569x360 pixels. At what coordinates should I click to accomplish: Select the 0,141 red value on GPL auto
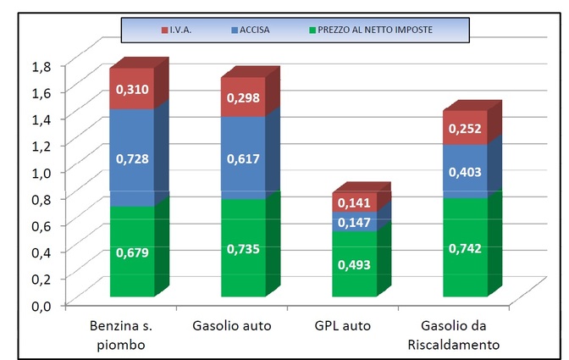click(354, 203)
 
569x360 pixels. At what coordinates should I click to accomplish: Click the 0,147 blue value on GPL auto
click(354, 222)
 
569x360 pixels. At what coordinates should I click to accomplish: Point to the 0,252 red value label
click(465, 128)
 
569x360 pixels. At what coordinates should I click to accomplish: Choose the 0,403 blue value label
click(465, 172)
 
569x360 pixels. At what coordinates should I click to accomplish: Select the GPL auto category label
click(354, 325)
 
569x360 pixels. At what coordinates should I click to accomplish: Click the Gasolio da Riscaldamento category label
click(465, 335)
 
